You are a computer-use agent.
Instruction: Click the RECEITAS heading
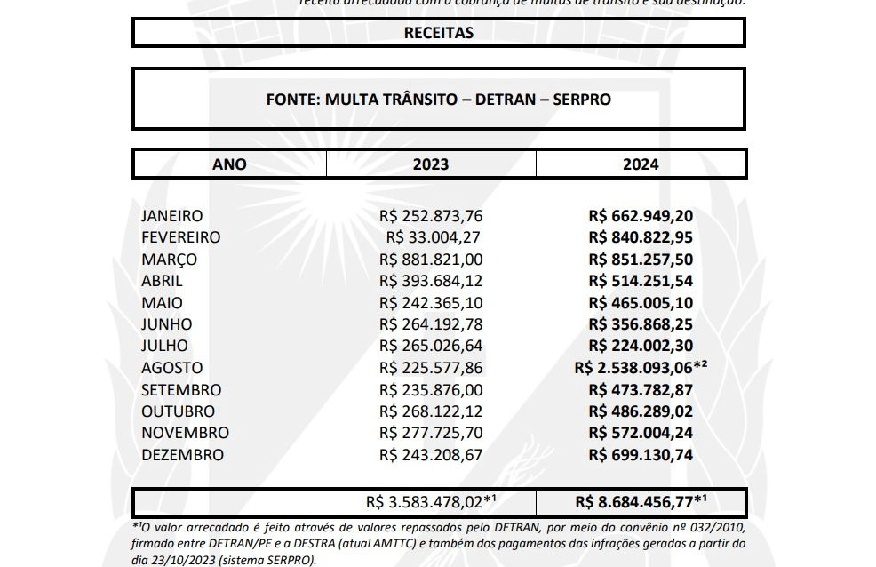point(438,33)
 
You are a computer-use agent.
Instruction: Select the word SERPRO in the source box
point(582,100)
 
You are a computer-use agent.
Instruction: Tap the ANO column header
point(229,164)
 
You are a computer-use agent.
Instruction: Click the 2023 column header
point(431,164)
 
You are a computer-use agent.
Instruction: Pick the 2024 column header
point(641,164)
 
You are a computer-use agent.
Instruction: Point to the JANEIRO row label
point(171,216)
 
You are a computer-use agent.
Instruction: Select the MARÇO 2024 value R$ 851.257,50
point(641,260)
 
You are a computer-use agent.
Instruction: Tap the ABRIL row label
point(162,281)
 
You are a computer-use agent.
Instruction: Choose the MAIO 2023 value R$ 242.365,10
point(431,303)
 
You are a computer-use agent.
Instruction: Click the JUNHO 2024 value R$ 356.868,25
point(641,324)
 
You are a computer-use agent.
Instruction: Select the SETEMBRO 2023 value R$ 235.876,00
point(431,389)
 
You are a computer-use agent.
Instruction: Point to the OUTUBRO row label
point(178,411)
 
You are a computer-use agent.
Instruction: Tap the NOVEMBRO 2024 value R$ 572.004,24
point(641,433)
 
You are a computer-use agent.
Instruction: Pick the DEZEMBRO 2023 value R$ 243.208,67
point(431,455)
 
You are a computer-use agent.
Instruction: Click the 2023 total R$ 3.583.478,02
point(430,503)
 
